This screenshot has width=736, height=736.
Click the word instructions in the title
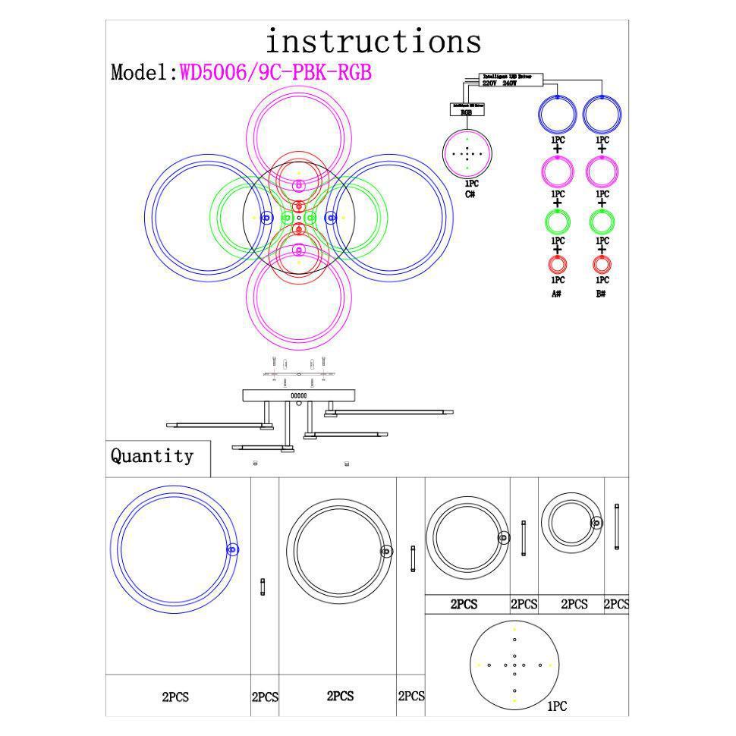coord(373,41)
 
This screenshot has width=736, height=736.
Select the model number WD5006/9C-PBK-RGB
coord(275,73)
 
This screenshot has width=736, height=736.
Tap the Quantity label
coord(152,456)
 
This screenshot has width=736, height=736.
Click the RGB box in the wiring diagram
coord(466,111)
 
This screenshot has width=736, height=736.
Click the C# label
coord(470,194)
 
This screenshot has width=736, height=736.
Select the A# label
coord(557,293)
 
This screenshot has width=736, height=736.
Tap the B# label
coord(601,293)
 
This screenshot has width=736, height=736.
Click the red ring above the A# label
coord(558,265)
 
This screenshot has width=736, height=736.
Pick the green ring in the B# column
coord(602,222)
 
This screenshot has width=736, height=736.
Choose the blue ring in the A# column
coord(558,115)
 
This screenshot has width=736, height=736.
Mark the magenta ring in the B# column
coord(602,171)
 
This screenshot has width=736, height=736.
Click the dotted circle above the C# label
coord(467,153)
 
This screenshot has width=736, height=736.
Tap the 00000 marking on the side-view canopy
coord(299,395)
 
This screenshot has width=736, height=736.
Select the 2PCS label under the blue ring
coord(176,697)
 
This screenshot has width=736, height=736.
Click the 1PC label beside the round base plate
coord(557,706)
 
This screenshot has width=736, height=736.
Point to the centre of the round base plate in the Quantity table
coord(514,665)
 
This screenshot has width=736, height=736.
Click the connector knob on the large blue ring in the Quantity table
coord(232,550)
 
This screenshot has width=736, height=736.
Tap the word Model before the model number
coord(142,73)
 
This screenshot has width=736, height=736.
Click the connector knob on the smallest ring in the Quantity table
coord(596,522)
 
